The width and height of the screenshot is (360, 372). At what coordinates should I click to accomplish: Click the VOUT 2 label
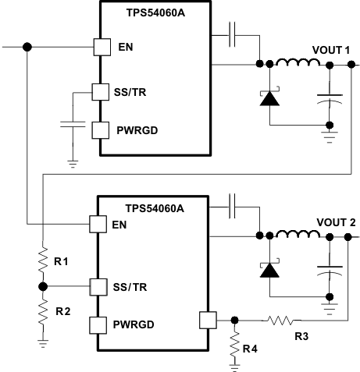pos(335,222)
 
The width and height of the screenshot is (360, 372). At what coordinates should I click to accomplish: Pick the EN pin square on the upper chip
pos(101,47)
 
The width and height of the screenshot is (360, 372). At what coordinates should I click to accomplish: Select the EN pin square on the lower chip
pos(98,225)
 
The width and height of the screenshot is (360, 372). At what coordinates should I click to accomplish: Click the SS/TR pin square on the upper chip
pos(101,93)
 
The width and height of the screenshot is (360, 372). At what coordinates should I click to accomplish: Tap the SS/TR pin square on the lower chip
pos(98,286)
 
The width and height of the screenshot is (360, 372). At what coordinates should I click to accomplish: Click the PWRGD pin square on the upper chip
pos(101,129)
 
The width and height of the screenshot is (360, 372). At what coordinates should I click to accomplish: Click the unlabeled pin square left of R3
pos(207,319)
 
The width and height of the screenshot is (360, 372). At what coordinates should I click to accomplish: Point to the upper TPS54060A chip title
pos(155,12)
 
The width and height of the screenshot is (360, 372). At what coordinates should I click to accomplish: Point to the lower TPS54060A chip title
pos(153,207)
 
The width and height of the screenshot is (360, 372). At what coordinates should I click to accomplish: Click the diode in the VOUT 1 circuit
pos(269,97)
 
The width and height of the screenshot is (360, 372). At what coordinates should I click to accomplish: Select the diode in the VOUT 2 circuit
pos(269,270)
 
